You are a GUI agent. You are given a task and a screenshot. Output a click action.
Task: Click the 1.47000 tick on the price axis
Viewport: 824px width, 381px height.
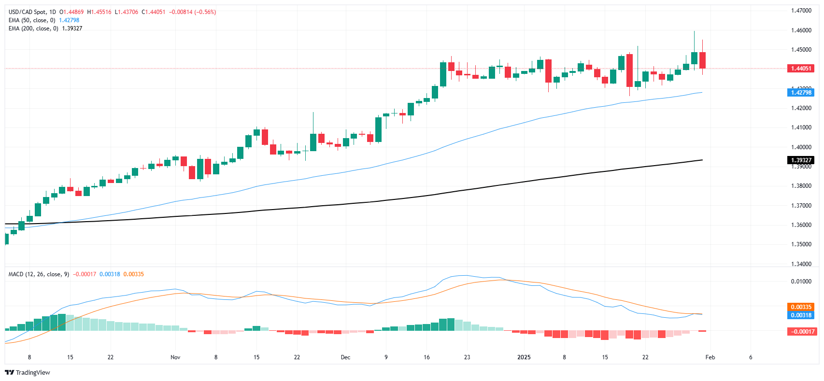coord(801,11)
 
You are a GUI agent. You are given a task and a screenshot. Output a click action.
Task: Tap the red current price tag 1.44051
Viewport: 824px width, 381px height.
coord(800,69)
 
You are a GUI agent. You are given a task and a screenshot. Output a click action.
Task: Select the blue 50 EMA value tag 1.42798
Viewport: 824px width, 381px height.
coord(800,92)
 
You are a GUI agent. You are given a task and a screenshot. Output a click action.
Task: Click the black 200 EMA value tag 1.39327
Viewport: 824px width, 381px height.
coord(800,160)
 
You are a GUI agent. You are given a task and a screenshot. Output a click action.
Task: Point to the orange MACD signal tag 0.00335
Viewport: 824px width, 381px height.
coord(800,307)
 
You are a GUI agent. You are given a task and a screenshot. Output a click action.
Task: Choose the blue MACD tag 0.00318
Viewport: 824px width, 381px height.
coord(800,315)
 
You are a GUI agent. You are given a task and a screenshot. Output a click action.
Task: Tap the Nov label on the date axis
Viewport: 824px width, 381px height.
coord(175,357)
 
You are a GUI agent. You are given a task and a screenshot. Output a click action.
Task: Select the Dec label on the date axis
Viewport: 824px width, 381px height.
coord(345,357)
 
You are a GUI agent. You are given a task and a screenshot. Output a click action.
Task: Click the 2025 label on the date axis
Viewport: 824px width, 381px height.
coord(524,357)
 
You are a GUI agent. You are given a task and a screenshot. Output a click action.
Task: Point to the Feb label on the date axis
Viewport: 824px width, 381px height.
coord(710,357)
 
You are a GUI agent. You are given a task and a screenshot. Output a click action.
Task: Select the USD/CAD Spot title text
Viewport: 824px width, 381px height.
coord(28,12)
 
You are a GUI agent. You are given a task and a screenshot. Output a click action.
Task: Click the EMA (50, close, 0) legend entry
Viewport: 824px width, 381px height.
coord(32,20)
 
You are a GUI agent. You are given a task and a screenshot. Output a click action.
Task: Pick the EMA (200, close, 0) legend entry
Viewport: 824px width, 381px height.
coord(33,28)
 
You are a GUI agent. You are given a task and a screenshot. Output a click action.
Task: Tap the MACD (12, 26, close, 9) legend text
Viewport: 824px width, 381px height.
coord(39,274)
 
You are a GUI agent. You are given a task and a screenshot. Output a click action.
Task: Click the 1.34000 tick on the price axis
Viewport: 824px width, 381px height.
coord(801,264)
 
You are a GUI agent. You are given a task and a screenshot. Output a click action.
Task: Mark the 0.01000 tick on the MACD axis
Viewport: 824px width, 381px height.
coord(801,282)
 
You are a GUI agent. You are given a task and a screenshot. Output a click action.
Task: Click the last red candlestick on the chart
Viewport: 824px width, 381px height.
coord(702,60)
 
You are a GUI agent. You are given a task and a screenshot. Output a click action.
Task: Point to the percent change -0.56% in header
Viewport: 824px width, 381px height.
coord(206,12)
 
